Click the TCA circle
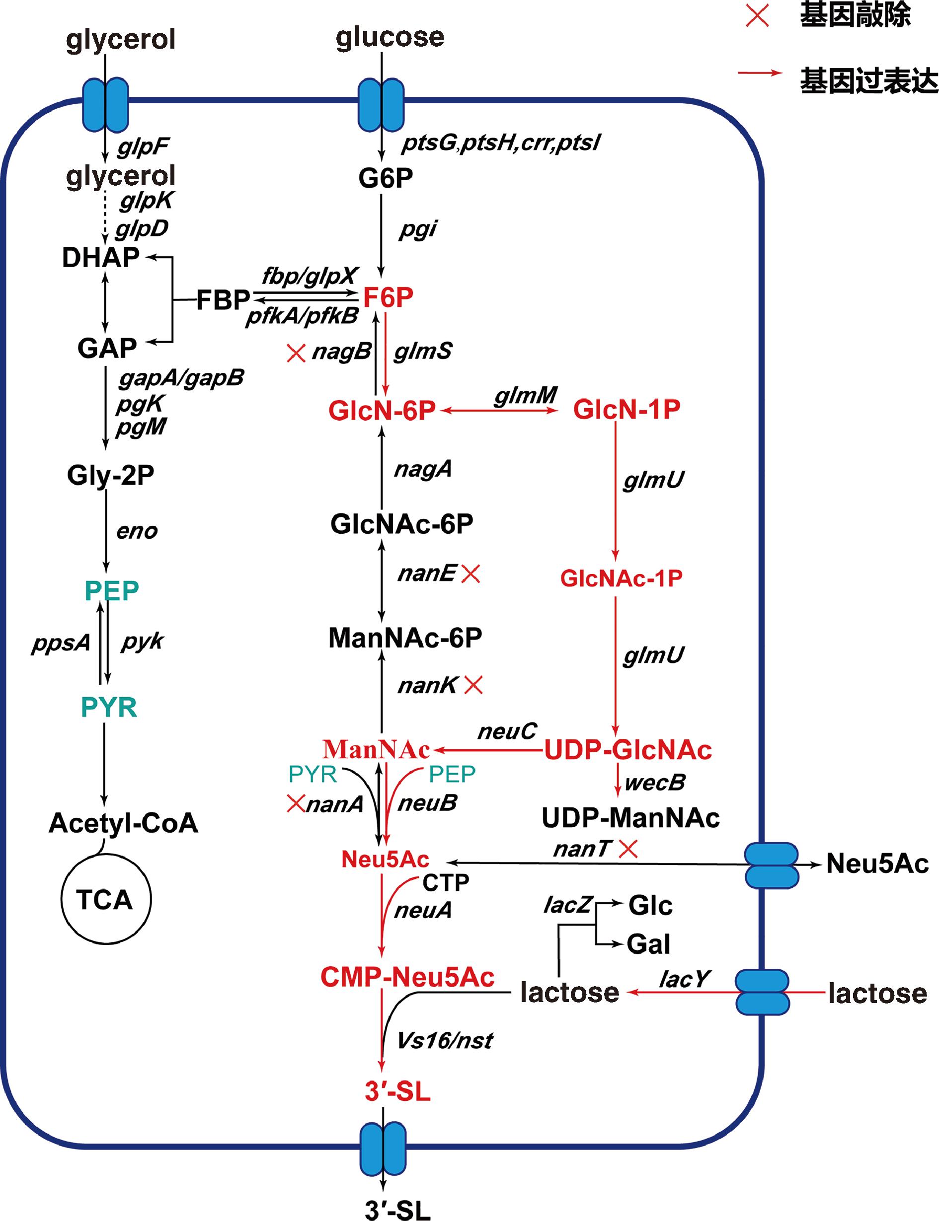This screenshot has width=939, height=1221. coord(105,899)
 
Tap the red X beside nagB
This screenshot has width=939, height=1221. coord(296,353)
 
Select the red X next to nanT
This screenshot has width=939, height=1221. coord(628,850)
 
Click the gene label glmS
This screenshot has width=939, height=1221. coord(422,352)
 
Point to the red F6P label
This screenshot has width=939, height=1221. coord(388,297)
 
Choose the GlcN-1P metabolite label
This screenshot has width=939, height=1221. coord(626,410)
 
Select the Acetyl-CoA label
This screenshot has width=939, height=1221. coord(124,823)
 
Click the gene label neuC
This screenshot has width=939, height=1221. coord(507,731)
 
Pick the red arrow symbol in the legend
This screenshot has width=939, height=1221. coord(760,73)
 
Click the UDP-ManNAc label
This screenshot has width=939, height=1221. coord(630,818)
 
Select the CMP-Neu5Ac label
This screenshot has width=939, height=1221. coord(407,976)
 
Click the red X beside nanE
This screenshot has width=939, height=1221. coord(470,574)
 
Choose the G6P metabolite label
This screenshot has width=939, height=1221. coord(386,178)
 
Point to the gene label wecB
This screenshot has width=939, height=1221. coord(654,783)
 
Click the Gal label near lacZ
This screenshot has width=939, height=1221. coord(648,944)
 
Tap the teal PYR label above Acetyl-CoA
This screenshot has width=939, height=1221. coord(109,707)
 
